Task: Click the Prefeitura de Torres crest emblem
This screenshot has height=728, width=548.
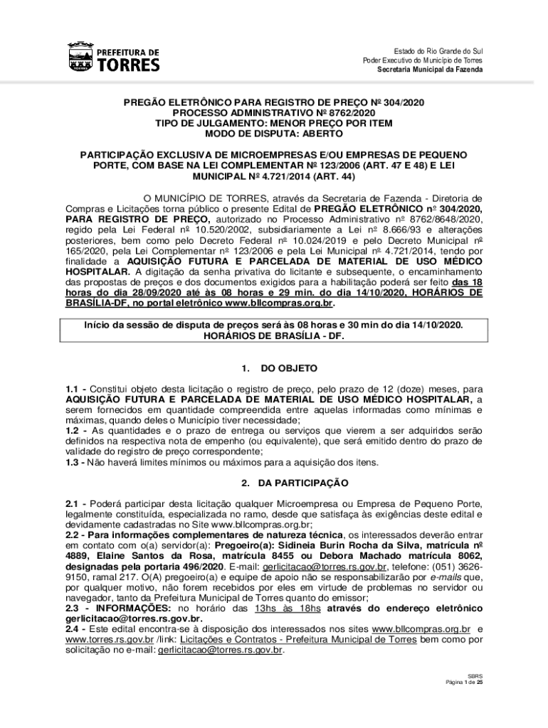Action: (79, 58)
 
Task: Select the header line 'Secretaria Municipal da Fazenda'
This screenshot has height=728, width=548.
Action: (429, 69)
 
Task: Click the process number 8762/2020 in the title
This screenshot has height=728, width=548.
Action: (352, 113)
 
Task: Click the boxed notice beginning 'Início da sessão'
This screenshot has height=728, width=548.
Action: (273, 329)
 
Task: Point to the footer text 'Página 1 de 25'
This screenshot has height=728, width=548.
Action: (464, 682)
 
